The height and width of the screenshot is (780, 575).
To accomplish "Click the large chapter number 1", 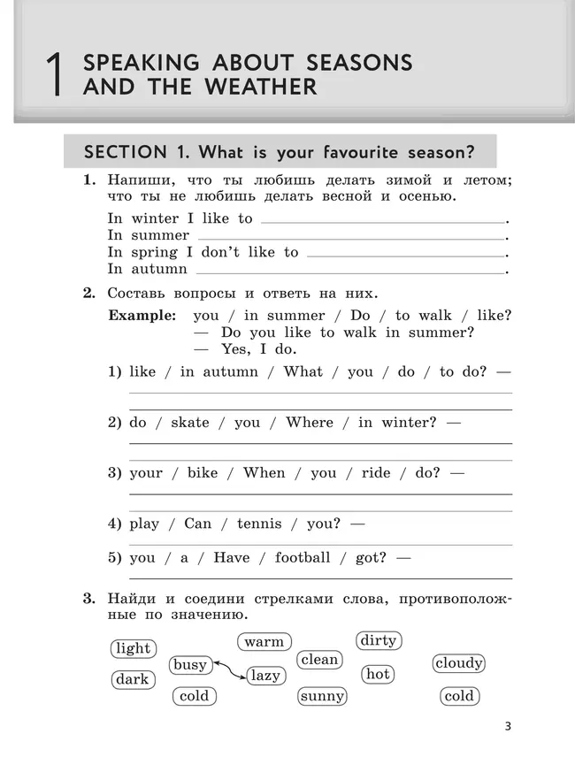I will click(x=54, y=75).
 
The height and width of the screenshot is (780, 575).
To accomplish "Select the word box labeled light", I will click(x=134, y=648).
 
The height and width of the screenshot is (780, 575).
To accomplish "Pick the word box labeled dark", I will click(x=133, y=679).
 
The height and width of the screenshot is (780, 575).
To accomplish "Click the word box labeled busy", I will click(x=189, y=665).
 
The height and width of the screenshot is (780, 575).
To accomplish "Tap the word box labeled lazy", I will click(x=264, y=676).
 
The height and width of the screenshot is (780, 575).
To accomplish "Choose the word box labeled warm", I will click(x=264, y=642).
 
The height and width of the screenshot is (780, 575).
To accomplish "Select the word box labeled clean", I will click(x=319, y=660).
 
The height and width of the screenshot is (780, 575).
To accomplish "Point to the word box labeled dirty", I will click(x=379, y=640).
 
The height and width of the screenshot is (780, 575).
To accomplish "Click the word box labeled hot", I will click(x=378, y=674).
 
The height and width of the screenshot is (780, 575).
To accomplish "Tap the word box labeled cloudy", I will click(x=459, y=663).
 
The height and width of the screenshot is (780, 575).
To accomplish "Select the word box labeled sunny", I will click(x=322, y=696).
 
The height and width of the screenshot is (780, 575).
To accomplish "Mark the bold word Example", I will click(x=142, y=316).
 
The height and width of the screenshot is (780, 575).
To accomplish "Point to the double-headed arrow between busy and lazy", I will click(x=227, y=670).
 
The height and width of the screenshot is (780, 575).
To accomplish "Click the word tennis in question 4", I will click(x=258, y=524).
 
